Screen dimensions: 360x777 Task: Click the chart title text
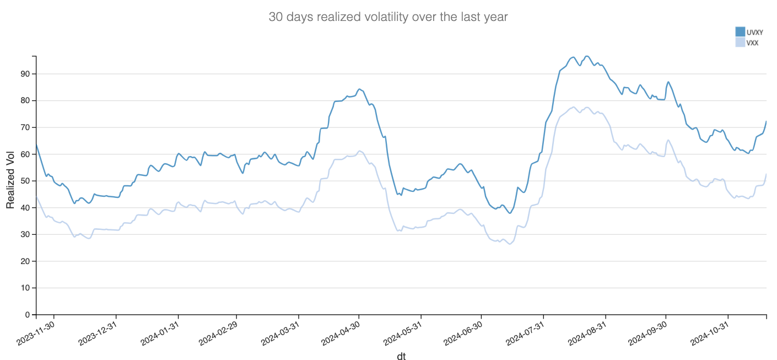[x=388, y=17]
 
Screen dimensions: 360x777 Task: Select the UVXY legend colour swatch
[x=740, y=31]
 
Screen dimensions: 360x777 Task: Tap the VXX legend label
[x=752, y=42]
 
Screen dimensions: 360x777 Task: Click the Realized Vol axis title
[x=10, y=181]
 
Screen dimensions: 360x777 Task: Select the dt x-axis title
[x=402, y=356]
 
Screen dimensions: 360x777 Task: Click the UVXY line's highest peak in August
[x=587, y=56]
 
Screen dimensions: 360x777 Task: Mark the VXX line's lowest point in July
[x=510, y=244]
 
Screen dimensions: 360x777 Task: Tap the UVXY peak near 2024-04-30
[x=359, y=89]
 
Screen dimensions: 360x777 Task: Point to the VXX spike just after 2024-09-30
[x=668, y=140]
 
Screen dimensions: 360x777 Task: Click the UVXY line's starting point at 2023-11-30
[x=36, y=144]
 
